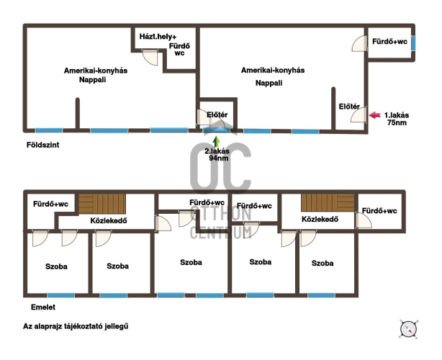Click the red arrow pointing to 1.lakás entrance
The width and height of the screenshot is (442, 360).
pos(374,114)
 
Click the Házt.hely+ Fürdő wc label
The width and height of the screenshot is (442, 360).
pos(171,41)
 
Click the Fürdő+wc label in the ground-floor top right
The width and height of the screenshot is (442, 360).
pos(390,42)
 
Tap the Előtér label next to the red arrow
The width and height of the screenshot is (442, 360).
pos(350,107)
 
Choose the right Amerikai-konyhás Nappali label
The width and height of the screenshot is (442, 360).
pos(273,76)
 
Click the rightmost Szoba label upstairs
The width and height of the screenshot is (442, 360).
pos(323,264)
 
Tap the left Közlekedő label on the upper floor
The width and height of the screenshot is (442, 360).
pos(109,220)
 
